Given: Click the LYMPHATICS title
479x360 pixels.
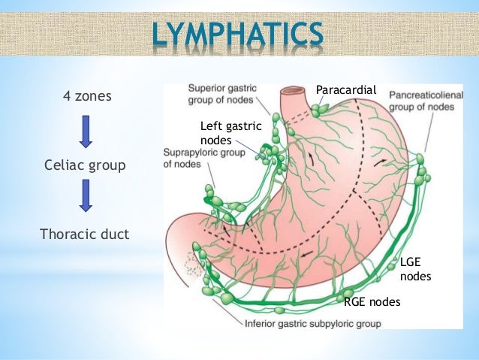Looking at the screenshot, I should pyautogui.click(x=239, y=34).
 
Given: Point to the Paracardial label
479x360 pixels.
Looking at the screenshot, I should pyautogui.click(x=345, y=91).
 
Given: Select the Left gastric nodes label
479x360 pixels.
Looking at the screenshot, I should pyautogui.click(x=230, y=132).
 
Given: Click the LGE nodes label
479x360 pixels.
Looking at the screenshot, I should pyautogui.click(x=414, y=269).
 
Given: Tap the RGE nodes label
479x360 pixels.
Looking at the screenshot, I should pyautogui.click(x=372, y=302).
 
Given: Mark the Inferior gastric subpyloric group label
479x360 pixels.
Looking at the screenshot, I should pyautogui.click(x=313, y=324).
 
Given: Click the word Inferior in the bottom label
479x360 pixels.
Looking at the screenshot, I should pyautogui.click(x=262, y=324).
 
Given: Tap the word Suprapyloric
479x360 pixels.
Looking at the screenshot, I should pyautogui.click(x=190, y=153).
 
